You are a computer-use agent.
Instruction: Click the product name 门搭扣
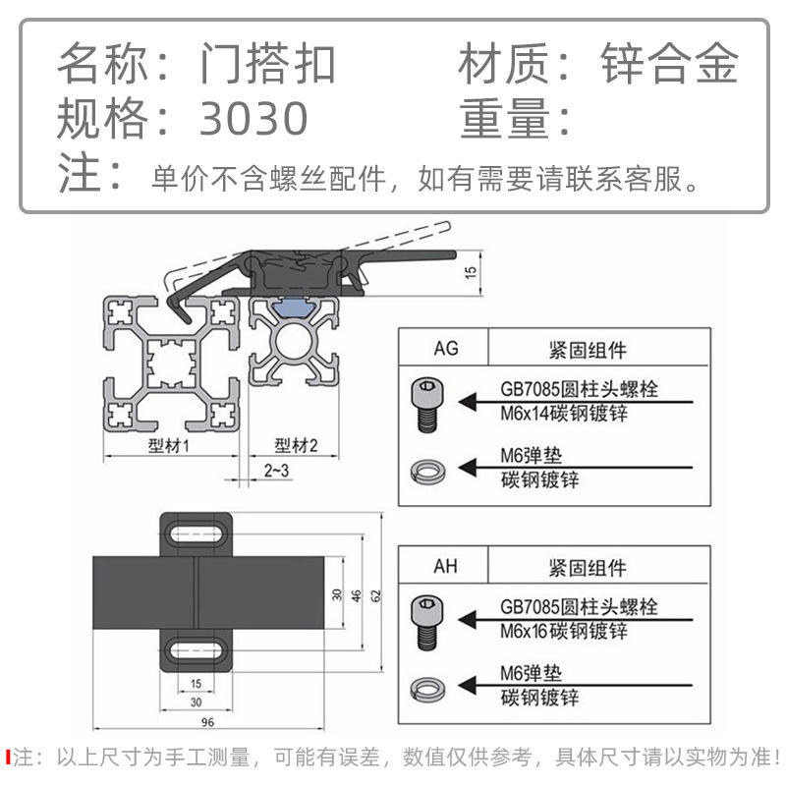(x=268, y=65)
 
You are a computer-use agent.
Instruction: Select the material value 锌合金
(x=669, y=65)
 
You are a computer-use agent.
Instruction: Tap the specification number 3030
(x=254, y=119)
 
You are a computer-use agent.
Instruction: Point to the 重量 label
(x=502, y=119)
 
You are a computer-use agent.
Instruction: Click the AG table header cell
(x=445, y=348)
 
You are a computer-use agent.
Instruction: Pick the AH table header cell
(x=445, y=567)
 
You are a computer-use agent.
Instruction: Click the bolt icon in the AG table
(x=425, y=403)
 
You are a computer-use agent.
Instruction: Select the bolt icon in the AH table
(x=425, y=622)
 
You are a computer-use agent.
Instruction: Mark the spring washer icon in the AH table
(x=425, y=687)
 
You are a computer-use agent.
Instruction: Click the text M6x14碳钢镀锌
(x=563, y=414)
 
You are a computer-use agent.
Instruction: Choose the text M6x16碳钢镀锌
(x=563, y=632)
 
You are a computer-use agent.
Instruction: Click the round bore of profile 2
(x=294, y=346)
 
